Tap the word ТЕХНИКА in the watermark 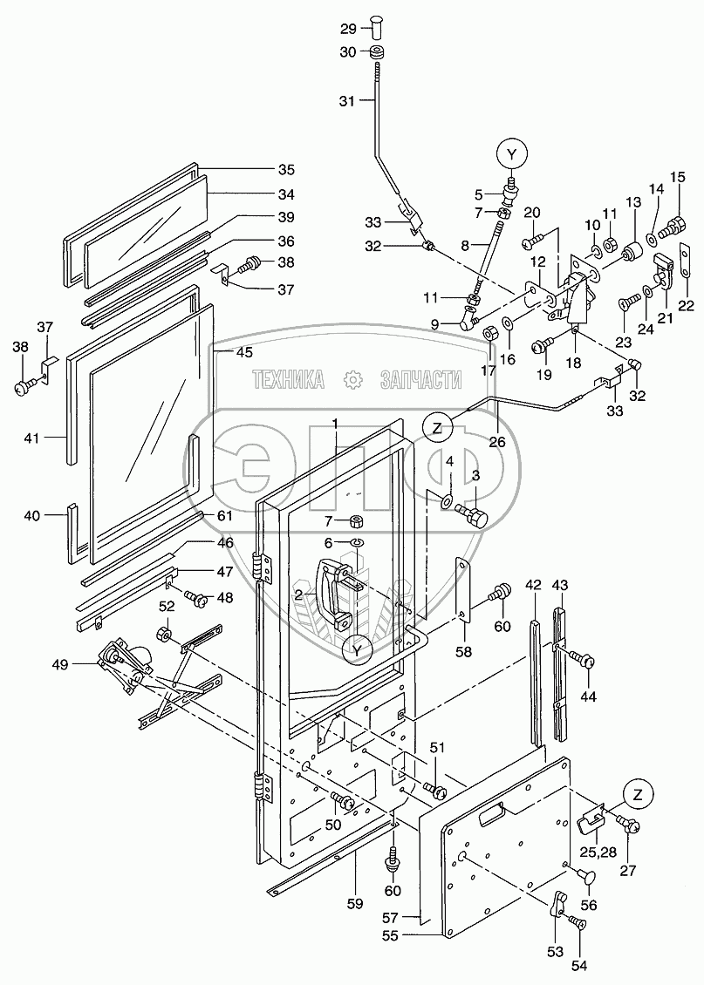point(288,379)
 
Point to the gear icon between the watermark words point(352,379)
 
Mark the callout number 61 point(225,517)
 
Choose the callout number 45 point(243,352)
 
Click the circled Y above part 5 point(512,155)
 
